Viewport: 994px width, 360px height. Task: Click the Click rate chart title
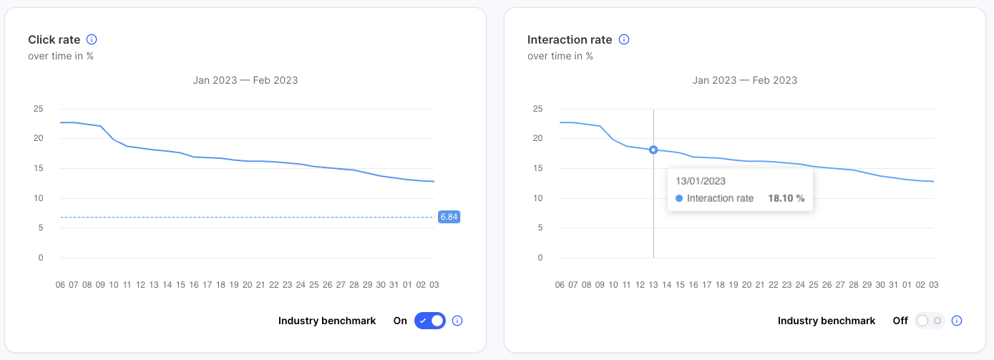click(x=54, y=40)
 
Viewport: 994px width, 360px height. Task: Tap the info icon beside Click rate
click(x=92, y=40)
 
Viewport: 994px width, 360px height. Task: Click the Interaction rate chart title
click(x=570, y=40)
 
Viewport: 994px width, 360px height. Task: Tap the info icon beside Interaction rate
click(x=624, y=40)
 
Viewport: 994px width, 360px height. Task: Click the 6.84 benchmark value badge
click(x=449, y=216)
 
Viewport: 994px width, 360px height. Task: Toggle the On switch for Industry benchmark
click(x=429, y=321)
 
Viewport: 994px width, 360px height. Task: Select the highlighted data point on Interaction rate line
click(x=653, y=150)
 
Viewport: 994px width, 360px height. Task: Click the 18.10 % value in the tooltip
click(x=786, y=198)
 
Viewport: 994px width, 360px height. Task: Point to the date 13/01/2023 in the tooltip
click(x=701, y=181)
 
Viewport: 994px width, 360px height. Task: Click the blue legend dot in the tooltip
click(x=679, y=198)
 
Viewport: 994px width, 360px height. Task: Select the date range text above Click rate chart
click(x=245, y=80)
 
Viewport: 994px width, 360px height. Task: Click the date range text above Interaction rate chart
click(x=745, y=80)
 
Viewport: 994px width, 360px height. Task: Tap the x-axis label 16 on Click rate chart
click(x=194, y=284)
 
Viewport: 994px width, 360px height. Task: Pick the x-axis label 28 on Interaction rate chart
click(x=853, y=284)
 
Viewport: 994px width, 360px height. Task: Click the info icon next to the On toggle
click(x=457, y=321)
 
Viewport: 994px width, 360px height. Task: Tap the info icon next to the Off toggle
click(x=957, y=321)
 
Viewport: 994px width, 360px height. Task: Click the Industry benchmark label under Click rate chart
click(x=327, y=321)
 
